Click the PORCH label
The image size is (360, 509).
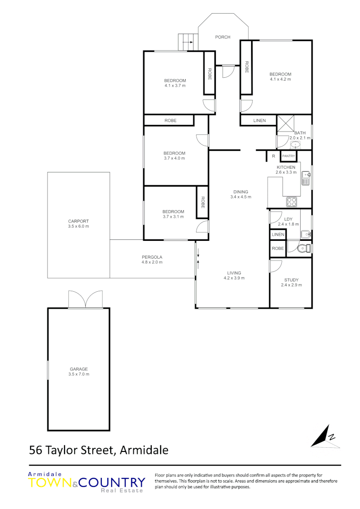(x=222, y=37)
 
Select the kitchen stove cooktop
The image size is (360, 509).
(x=292, y=202)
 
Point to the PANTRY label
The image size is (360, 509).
(x=288, y=156)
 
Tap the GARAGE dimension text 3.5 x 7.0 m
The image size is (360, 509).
(x=78, y=374)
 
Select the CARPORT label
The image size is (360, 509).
(x=78, y=221)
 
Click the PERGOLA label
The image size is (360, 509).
(x=152, y=257)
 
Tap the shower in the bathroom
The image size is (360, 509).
(x=285, y=123)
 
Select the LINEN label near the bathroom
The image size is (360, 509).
(x=259, y=121)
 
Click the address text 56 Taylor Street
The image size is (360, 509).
(x=71, y=450)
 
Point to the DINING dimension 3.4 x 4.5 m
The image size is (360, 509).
(x=240, y=197)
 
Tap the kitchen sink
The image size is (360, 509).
(x=306, y=178)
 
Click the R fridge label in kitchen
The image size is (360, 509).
(x=273, y=156)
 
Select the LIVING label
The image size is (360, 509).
(x=234, y=273)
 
